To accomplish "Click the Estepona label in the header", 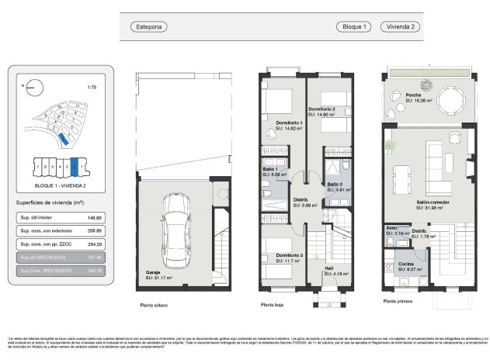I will pyautogui.click(x=149, y=26).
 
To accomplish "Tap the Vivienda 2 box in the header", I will pyautogui.click(x=402, y=26).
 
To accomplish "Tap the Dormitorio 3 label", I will pyautogui.click(x=289, y=255).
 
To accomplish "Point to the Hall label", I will pyautogui.click(x=329, y=269).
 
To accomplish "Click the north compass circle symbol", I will pyautogui.click(x=32, y=87).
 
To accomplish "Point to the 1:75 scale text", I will pyautogui.click(x=92, y=87).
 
